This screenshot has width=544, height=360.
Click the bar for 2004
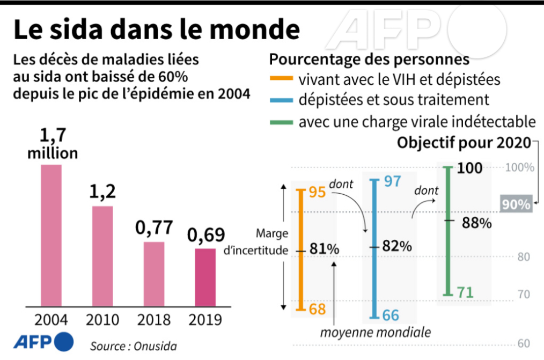(52, 234)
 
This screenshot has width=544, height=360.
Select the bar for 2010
(102, 255)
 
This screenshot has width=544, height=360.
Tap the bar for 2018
(154, 273)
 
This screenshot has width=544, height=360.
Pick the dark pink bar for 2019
(205, 276)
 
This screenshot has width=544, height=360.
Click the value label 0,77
(153, 227)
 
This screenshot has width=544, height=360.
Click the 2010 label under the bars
(102, 320)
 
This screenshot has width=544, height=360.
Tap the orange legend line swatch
(281, 80)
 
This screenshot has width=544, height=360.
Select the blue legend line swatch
(281, 100)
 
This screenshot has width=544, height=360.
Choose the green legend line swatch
(281, 121)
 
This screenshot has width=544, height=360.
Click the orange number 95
(318, 192)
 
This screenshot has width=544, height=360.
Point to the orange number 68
(318, 310)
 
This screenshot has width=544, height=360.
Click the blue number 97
(392, 181)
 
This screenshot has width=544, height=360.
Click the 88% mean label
(477, 223)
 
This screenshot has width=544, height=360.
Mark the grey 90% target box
(516, 204)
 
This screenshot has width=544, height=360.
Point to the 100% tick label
(519, 167)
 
